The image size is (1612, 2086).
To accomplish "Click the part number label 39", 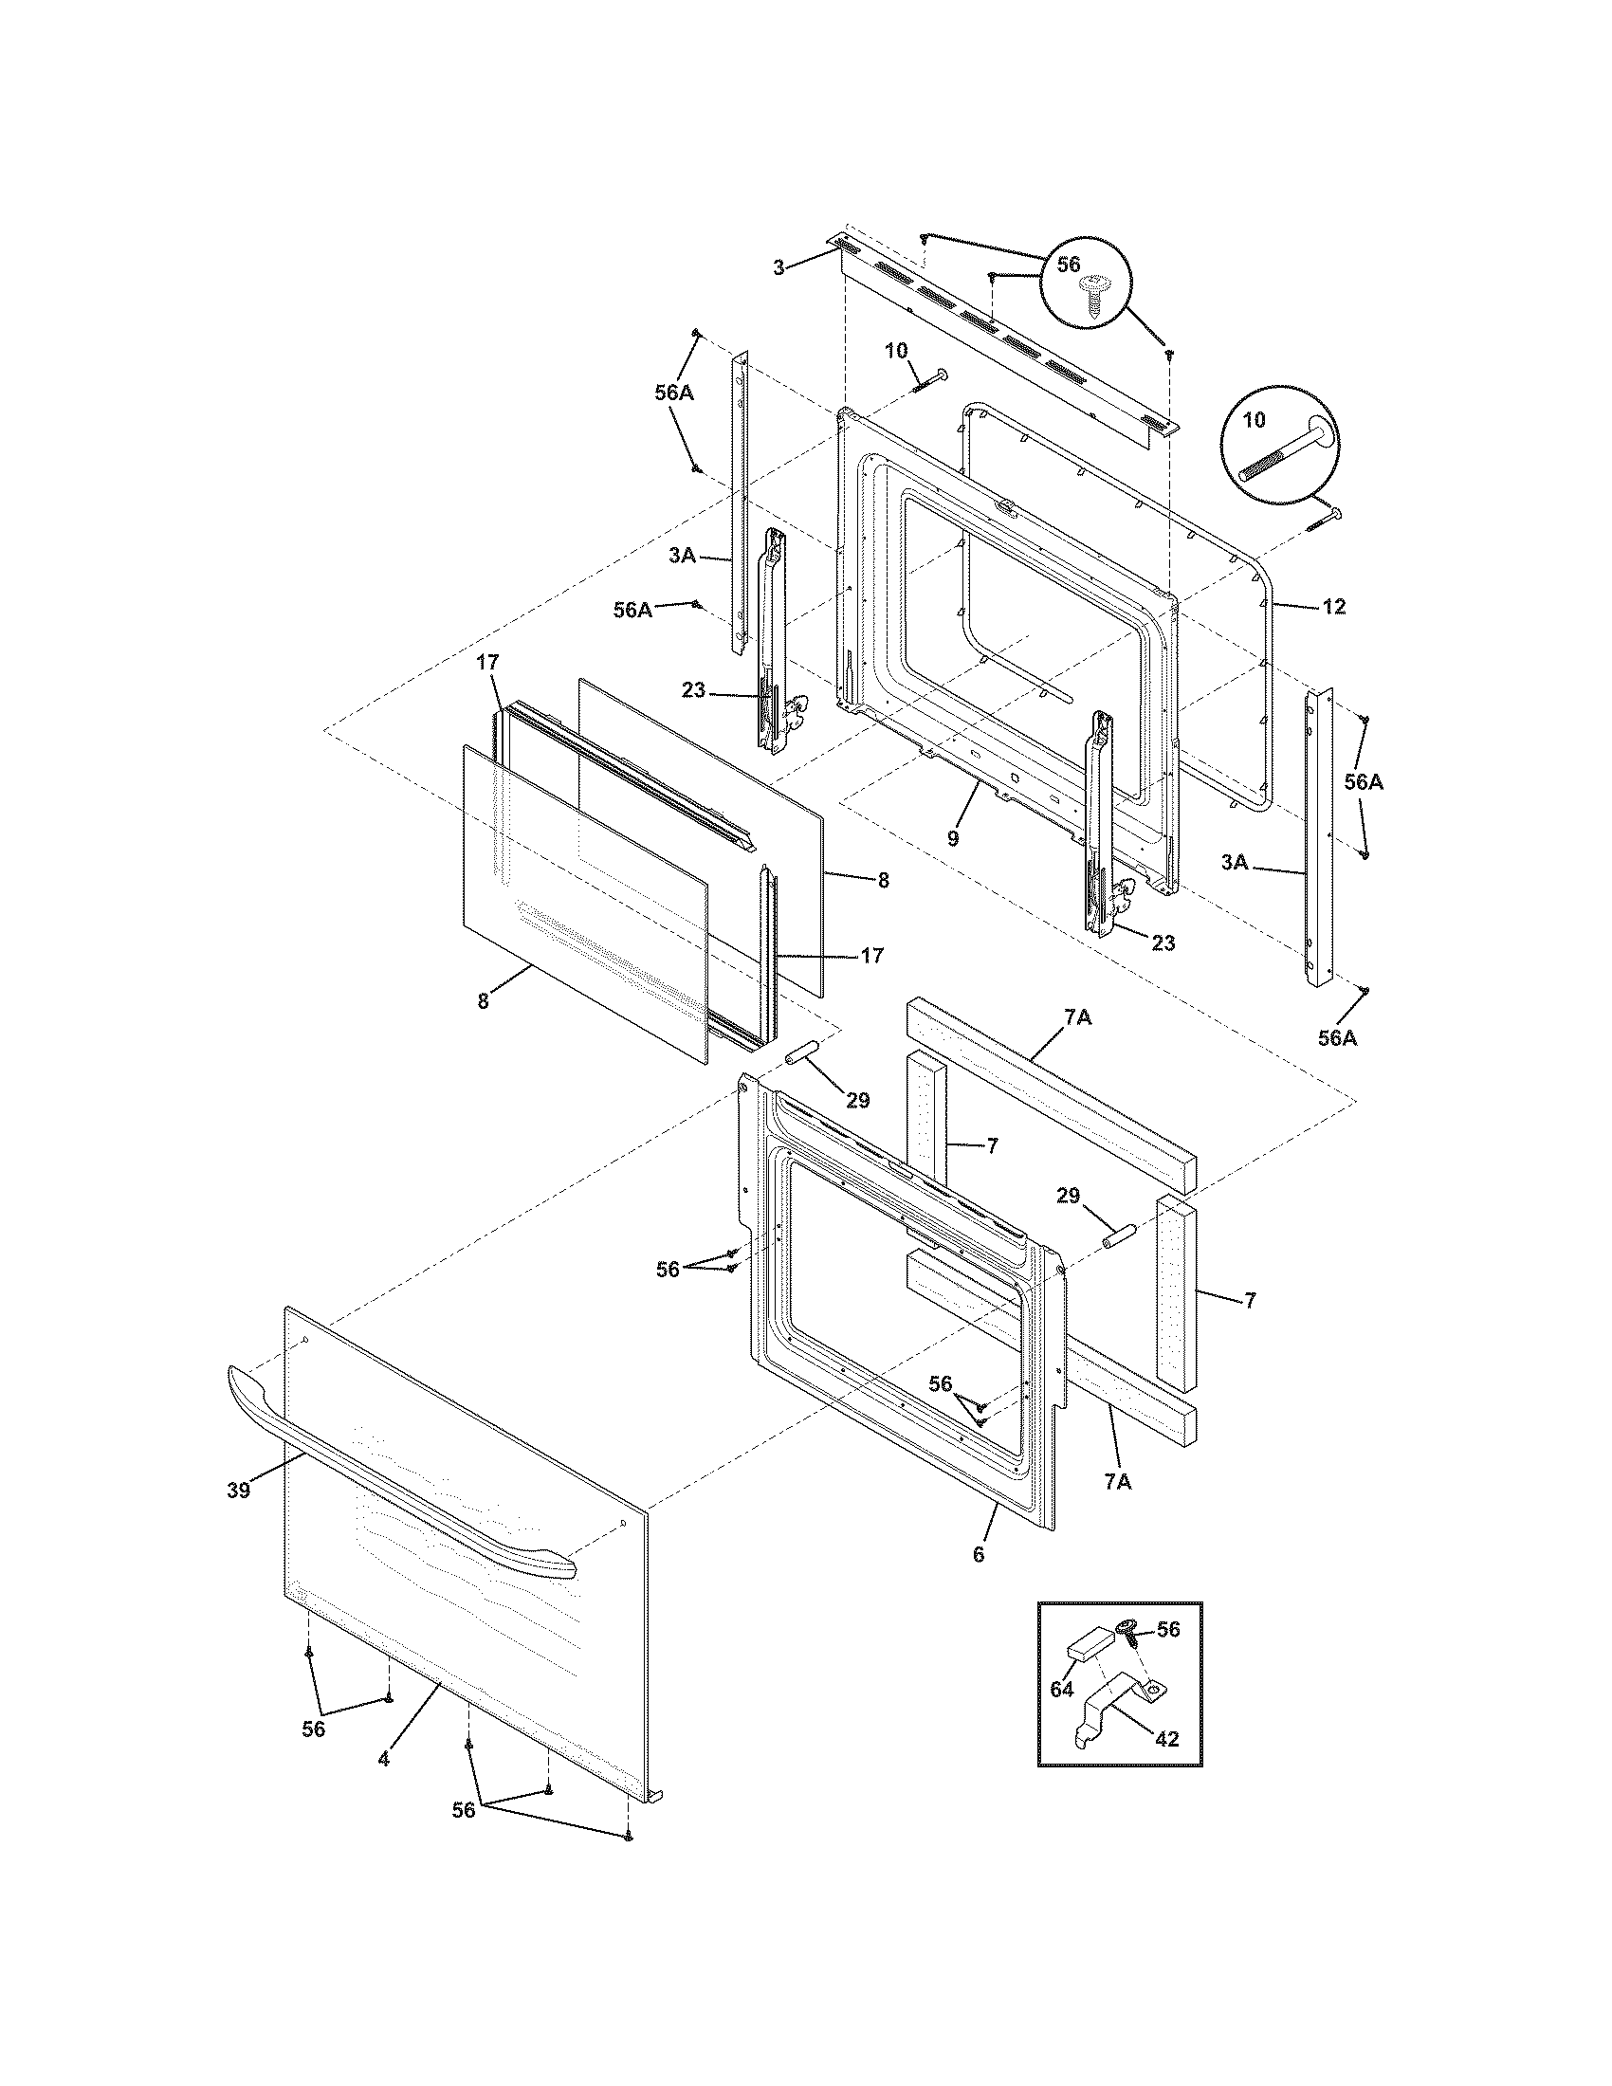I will click(239, 1490).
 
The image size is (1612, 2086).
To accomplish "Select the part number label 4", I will click(383, 1759).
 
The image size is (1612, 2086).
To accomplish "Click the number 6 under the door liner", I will click(978, 1555).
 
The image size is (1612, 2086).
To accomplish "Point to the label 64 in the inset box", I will click(1062, 1690).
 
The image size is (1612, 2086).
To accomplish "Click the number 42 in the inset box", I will click(1166, 1739).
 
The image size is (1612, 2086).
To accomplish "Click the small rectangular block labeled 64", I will click(1088, 1647).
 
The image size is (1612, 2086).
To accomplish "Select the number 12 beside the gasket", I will click(1334, 607).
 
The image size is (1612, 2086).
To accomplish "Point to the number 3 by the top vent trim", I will click(779, 267).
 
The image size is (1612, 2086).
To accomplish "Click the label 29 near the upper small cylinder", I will click(857, 1100).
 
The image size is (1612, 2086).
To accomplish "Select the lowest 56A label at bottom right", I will click(1337, 1039).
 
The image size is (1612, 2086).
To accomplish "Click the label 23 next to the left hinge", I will click(693, 689).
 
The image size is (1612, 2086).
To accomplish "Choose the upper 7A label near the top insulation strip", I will click(1077, 1019).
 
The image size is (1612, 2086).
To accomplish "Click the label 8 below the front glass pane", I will click(484, 1001).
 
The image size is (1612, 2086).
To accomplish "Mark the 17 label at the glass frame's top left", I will click(488, 661).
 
